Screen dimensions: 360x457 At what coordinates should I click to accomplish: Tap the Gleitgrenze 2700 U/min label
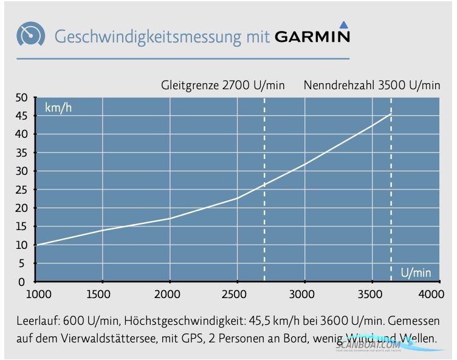click(x=222, y=85)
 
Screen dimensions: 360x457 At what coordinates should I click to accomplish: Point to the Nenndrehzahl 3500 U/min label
click(x=372, y=85)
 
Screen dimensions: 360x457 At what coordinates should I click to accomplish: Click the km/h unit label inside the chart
click(x=59, y=109)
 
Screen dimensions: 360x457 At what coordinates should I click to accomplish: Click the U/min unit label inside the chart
click(x=416, y=273)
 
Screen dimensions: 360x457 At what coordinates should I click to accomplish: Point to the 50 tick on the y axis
click(x=22, y=98)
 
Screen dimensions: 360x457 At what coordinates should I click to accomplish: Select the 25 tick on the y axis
click(x=22, y=190)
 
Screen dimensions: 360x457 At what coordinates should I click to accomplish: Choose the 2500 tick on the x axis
click(x=236, y=294)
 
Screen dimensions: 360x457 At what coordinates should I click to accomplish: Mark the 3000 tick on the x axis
click(x=303, y=294)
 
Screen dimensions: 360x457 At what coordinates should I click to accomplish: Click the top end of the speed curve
click(x=390, y=114)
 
